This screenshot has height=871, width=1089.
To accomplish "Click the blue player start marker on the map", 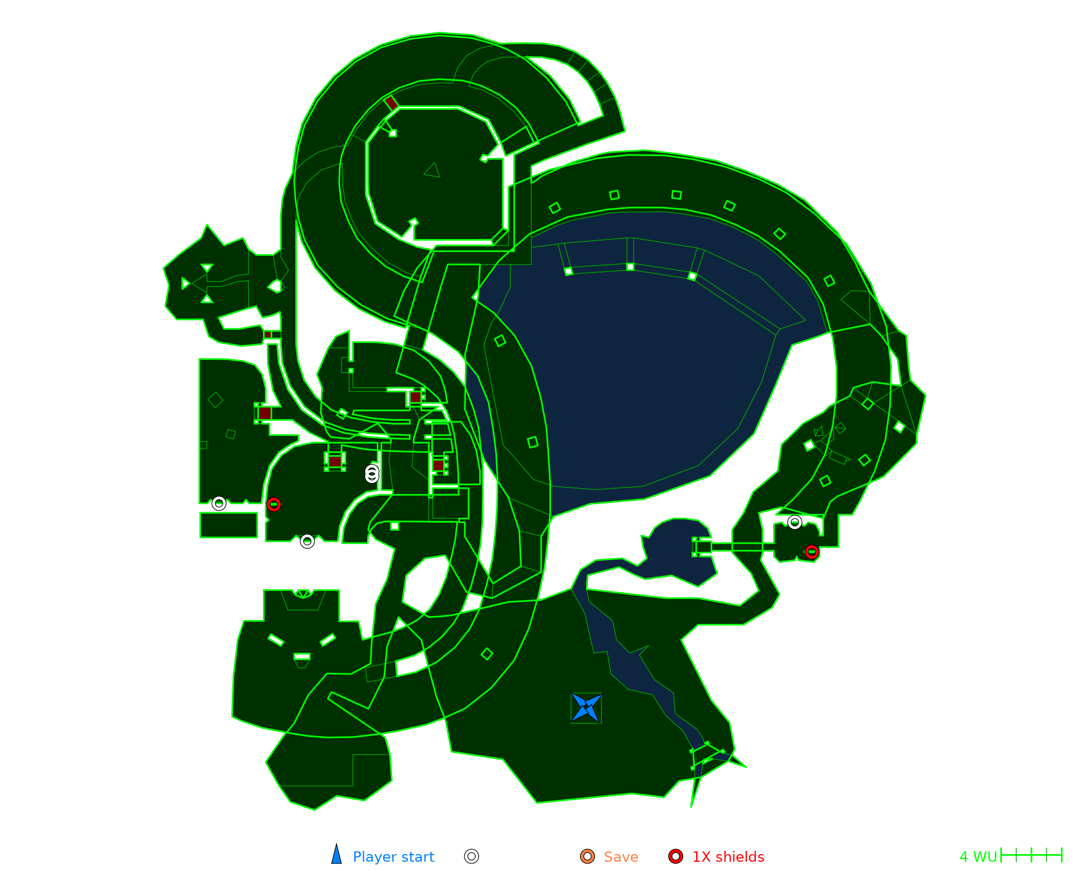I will (586, 708).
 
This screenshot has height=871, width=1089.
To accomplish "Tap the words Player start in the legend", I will (393, 857).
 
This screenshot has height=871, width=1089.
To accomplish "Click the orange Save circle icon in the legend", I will (588, 856).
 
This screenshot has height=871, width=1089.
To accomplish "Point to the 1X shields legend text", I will (728, 857).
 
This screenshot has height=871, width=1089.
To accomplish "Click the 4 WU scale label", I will (978, 857).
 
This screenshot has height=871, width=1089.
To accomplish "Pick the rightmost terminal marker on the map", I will (795, 523).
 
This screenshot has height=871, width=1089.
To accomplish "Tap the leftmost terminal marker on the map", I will (219, 504).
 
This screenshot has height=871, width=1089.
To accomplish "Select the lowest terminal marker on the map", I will (307, 541).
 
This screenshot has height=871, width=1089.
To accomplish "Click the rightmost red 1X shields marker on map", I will (812, 552).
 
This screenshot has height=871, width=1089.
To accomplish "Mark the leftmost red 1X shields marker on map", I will (274, 505).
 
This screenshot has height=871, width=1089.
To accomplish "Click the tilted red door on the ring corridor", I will (391, 103).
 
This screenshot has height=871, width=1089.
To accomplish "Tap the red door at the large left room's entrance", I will (265, 413).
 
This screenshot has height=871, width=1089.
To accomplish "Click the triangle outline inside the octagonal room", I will (432, 170).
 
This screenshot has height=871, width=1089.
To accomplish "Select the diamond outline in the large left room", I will (216, 400).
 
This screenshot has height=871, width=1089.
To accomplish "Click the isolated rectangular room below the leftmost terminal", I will (229, 525).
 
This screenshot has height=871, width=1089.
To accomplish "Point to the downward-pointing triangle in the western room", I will (207, 268).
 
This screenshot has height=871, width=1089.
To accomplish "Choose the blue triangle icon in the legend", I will (337, 855).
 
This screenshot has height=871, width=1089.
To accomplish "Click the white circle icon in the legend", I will (472, 856).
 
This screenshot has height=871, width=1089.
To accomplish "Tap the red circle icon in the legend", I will (676, 856).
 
